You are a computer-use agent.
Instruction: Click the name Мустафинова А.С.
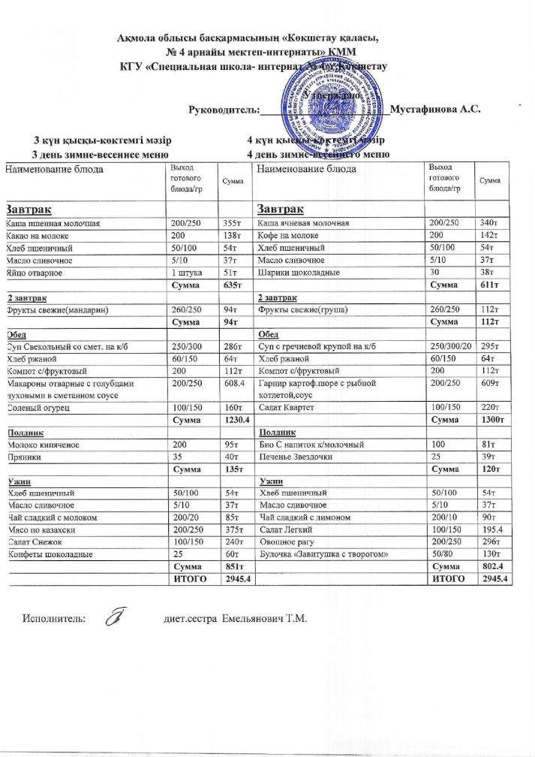435,107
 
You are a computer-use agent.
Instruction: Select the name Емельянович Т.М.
260,619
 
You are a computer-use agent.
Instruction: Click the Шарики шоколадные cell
297,273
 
